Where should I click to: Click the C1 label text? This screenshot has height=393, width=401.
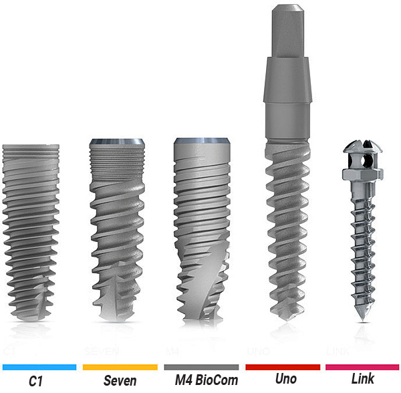[x=35, y=381]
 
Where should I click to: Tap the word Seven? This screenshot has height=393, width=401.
[x=120, y=380]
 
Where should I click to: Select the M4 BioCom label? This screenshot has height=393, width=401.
[x=207, y=380]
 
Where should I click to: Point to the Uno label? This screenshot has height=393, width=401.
[x=286, y=379]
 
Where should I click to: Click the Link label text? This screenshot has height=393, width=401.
[x=363, y=378]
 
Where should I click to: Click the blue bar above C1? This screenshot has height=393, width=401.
[x=39, y=367]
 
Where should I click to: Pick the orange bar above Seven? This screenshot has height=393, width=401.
[x=120, y=367]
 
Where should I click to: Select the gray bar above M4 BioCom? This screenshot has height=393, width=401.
[x=202, y=367]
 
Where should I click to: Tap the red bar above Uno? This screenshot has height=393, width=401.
[x=283, y=367]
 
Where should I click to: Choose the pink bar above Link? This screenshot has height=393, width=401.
[x=362, y=367]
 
